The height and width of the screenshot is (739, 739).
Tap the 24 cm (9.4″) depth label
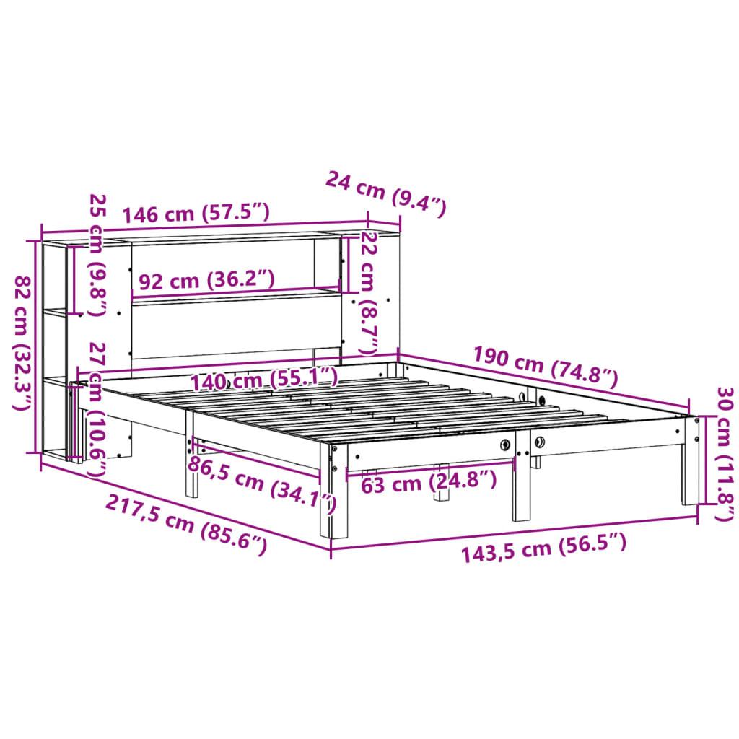click(x=386, y=193)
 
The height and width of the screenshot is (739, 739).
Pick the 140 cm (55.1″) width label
click(x=263, y=378)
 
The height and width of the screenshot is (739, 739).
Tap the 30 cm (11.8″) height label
click(x=723, y=453)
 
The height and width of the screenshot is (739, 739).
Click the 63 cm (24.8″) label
click(x=429, y=482)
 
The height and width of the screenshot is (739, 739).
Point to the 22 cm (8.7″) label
click(x=369, y=292)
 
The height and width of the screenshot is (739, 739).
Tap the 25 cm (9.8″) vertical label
click(x=96, y=255)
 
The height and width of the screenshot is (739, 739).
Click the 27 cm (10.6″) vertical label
click(x=96, y=408)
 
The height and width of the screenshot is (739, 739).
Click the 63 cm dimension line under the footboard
click(x=430, y=469)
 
